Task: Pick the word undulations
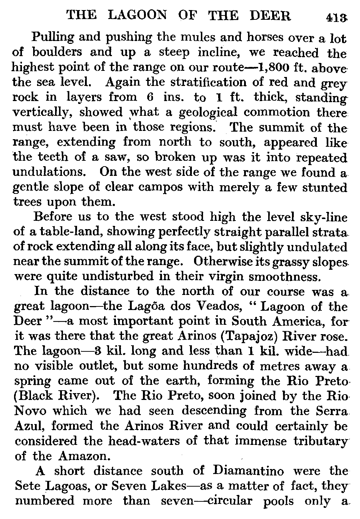click(x=48, y=172)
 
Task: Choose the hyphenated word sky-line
click(x=320, y=217)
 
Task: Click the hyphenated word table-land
click(x=62, y=232)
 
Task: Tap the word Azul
click(x=30, y=426)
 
